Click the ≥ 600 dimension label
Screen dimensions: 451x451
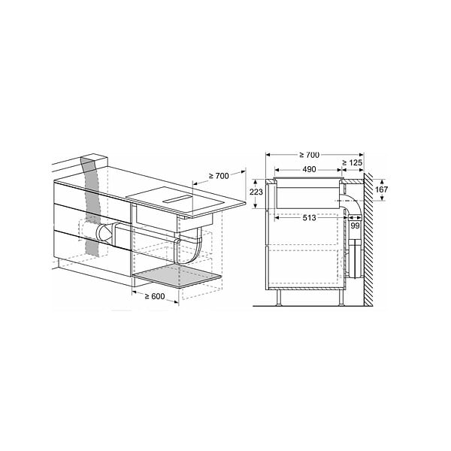coord(154,296)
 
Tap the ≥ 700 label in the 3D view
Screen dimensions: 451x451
coord(219,176)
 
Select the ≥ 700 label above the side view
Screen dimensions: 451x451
coord(309,155)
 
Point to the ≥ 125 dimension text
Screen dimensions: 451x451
coord(352,163)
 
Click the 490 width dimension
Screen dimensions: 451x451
coord(309,169)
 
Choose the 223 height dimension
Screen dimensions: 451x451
coord(256,192)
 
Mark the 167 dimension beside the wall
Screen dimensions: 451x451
coord(381,189)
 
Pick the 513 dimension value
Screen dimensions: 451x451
coord(309,218)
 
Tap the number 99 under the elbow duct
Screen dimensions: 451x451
coord(355,225)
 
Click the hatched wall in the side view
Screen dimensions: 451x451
coord(368,239)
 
